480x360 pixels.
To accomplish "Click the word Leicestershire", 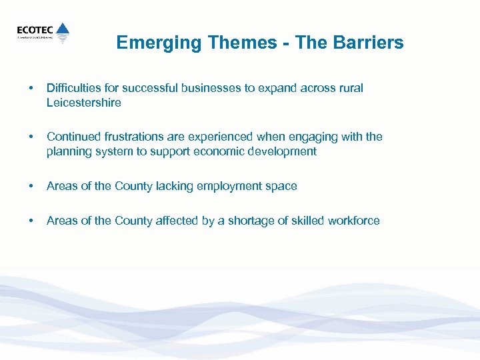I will (84, 103).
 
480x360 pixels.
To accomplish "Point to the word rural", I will (350, 89).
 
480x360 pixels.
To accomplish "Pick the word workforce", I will (353, 221).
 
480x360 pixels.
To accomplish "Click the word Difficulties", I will (73, 89).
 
